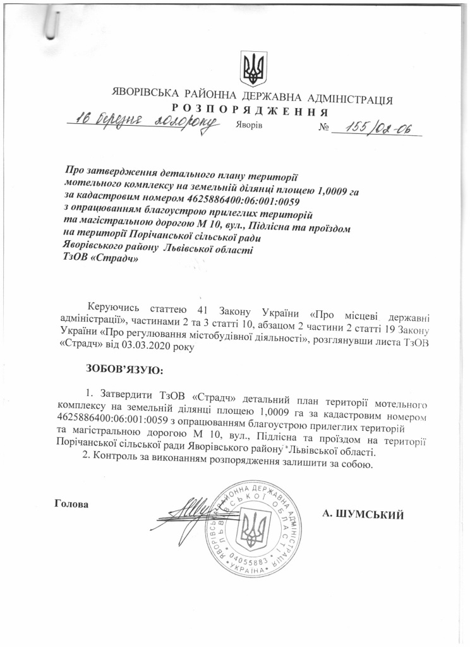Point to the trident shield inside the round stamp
pyautogui.click(x=255, y=527)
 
